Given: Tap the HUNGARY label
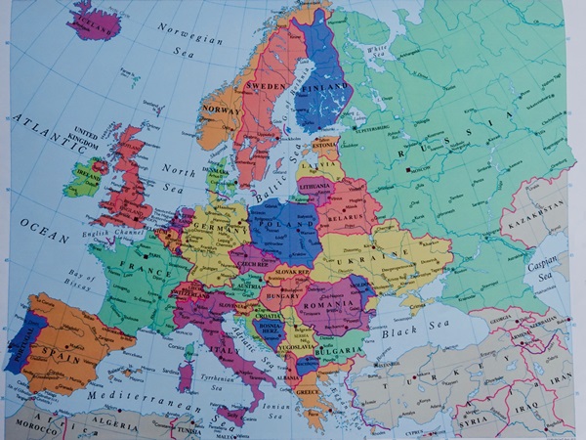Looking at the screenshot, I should tap(280, 290).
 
